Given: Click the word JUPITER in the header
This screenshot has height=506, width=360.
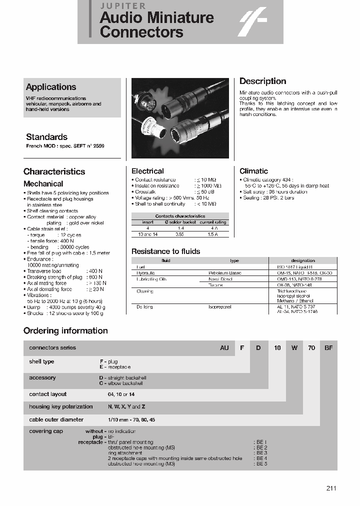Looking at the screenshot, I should click(x=123, y=6).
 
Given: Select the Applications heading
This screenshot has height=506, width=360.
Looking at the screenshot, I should click(x=51, y=87).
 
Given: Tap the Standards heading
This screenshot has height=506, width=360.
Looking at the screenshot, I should click(x=46, y=137).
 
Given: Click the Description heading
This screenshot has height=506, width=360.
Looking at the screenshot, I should click(x=262, y=81).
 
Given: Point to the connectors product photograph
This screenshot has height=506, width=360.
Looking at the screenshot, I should click(x=180, y=118).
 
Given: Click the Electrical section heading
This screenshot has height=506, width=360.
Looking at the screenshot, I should click(x=147, y=171).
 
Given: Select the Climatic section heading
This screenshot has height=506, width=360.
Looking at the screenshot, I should click(x=253, y=171).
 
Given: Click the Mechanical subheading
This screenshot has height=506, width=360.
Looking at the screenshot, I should click(x=43, y=183).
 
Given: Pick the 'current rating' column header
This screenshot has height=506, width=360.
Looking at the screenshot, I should click(x=213, y=222).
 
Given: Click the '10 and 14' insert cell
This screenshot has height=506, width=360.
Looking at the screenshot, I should click(x=147, y=234).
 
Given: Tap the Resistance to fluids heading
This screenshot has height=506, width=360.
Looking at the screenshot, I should click(x=165, y=251).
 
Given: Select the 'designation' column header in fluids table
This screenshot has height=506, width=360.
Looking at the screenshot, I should click(x=303, y=260).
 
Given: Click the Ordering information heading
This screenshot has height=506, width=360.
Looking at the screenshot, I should click(x=65, y=330).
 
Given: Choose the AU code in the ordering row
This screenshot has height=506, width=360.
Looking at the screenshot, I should click(x=224, y=347).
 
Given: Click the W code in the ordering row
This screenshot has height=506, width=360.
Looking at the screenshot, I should click(x=294, y=347).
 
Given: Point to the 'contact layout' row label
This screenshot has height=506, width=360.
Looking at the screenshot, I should click(x=47, y=394).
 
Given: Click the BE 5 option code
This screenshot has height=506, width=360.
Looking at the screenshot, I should click(x=262, y=464).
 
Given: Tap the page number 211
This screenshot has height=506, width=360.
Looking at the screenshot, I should click(x=330, y=488).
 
